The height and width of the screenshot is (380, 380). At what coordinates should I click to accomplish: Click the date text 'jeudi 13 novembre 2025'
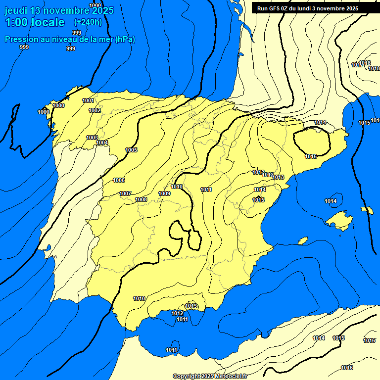pos(59,10)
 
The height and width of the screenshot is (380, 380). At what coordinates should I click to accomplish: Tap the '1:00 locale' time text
pos(35,22)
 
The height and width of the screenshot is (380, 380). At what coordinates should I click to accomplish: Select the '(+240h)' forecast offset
pos(88,22)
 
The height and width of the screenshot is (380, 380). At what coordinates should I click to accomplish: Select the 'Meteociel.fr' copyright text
pos(231,376)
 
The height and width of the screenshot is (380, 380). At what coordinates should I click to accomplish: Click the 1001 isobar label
pos(88,100)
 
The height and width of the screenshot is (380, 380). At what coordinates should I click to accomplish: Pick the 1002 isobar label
pos(95,110)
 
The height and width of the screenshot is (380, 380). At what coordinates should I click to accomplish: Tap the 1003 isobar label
pos(92,138)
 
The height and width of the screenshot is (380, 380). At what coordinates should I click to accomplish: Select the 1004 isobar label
pos(102,142)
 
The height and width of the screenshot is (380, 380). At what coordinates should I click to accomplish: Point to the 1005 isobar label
pos(131,150)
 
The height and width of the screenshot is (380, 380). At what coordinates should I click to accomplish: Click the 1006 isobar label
pos(119,180)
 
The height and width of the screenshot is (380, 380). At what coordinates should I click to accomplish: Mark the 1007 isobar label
pos(125,193)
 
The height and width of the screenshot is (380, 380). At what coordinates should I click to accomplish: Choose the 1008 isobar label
pos(141,199)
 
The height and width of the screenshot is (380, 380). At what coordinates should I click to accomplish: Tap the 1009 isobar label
pos(164,193)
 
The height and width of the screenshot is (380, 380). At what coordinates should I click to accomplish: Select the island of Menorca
pos(367,210)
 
